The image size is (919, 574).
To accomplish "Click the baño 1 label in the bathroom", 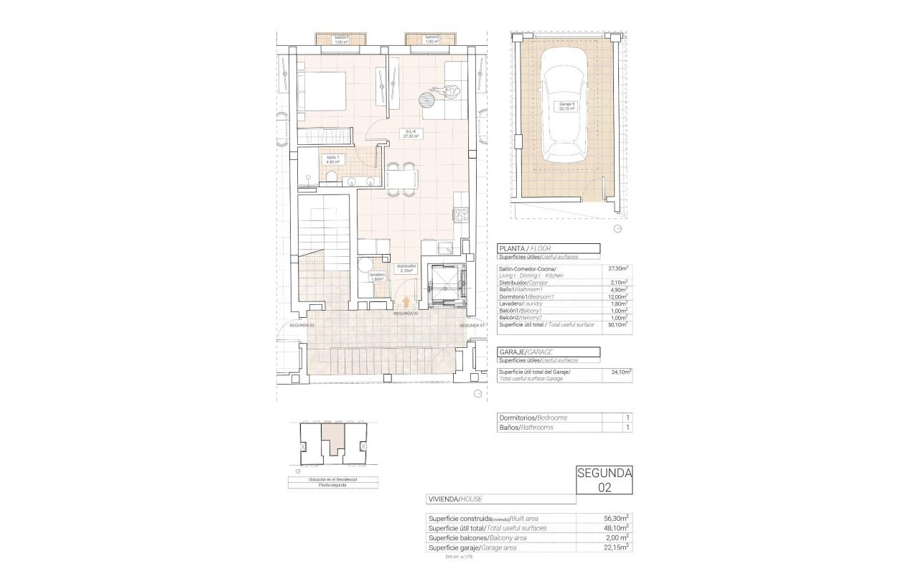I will [333, 159].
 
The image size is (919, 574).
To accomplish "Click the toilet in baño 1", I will [331, 178].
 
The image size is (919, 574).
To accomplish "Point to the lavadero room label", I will [378, 277].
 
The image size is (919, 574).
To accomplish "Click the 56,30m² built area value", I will [617, 518].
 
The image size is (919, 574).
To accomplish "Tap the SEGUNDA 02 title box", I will [605, 479].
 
